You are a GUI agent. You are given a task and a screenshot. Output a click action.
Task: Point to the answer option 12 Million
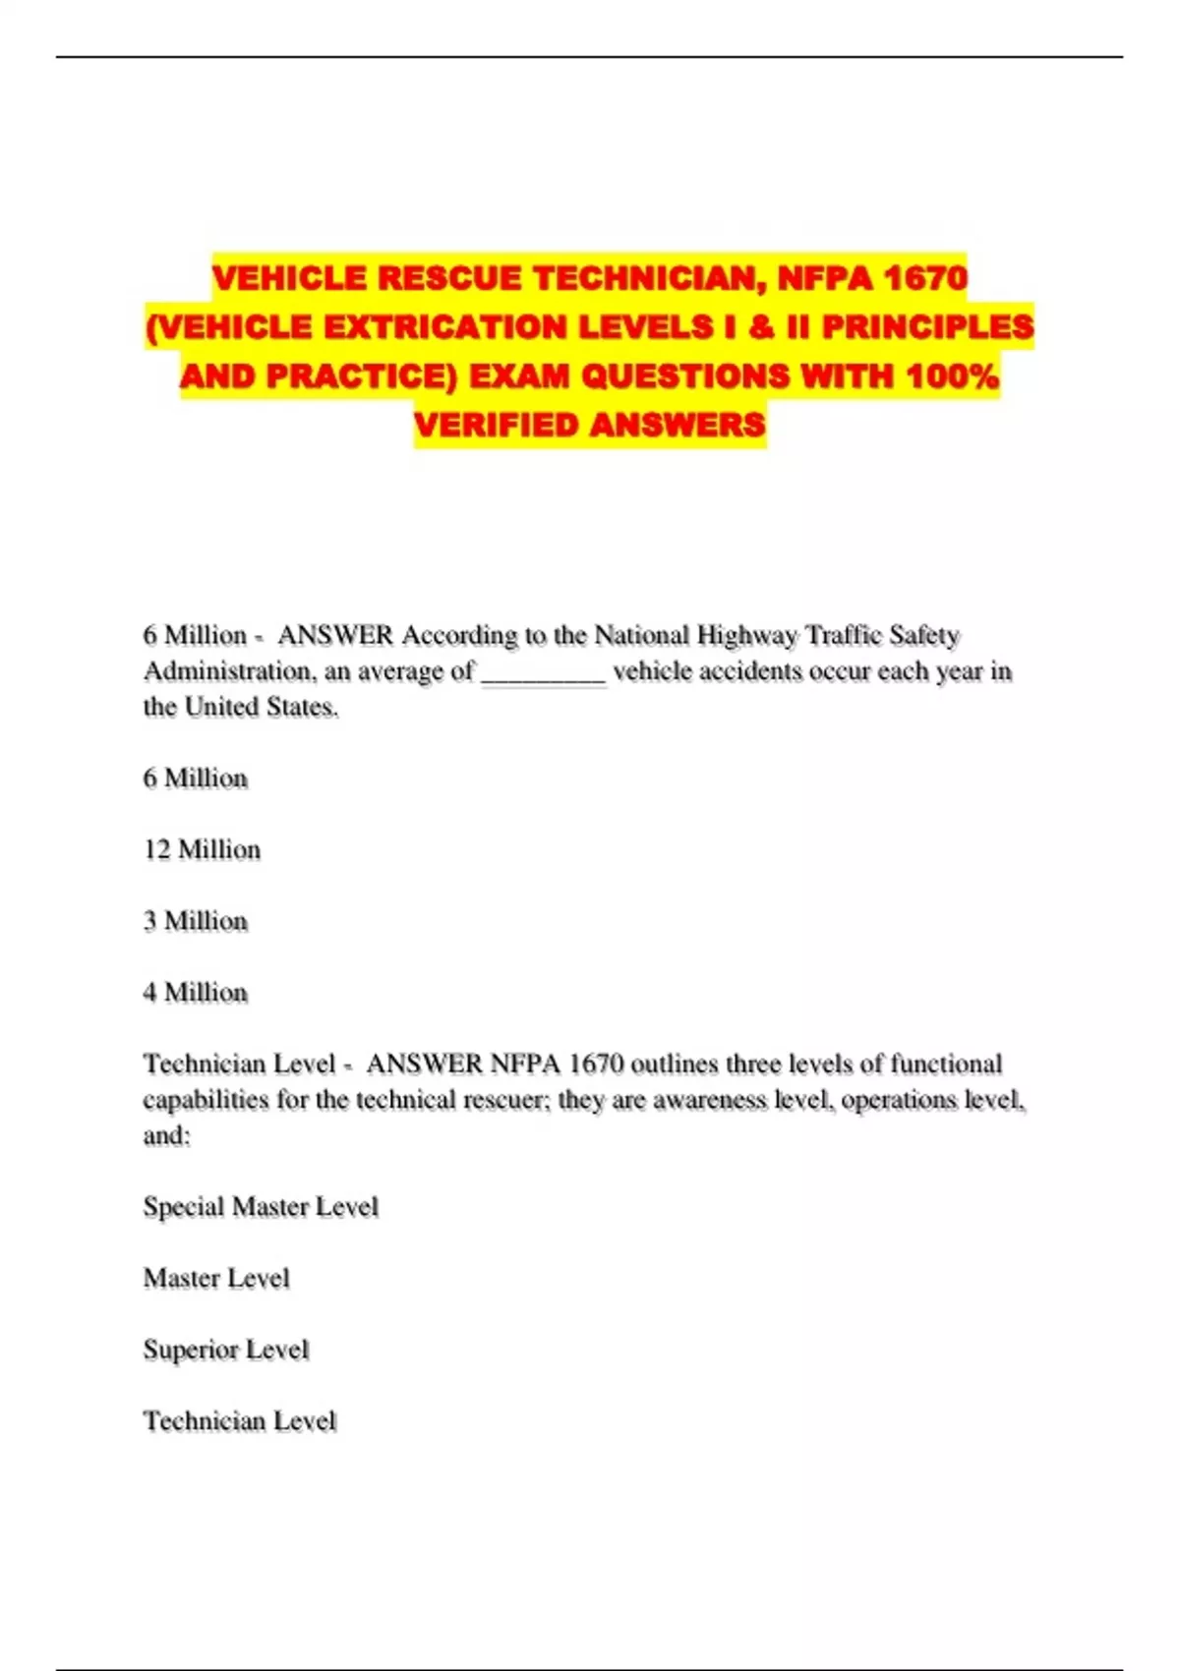[202, 849]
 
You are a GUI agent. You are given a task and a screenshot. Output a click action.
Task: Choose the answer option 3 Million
[195, 921]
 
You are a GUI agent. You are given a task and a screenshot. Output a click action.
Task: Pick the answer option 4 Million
[195, 993]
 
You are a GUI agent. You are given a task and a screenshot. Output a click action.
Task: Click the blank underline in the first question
[543, 674]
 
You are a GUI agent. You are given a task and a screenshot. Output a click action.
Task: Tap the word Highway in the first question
[747, 636]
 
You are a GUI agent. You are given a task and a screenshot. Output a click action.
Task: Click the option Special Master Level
[261, 1207]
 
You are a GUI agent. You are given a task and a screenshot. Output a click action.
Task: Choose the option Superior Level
[226, 1350]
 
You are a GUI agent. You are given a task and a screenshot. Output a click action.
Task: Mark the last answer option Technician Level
[240, 1421]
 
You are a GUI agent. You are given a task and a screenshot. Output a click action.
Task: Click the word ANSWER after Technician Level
[424, 1065]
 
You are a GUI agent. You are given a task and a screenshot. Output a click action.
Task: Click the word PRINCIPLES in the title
[927, 327]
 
